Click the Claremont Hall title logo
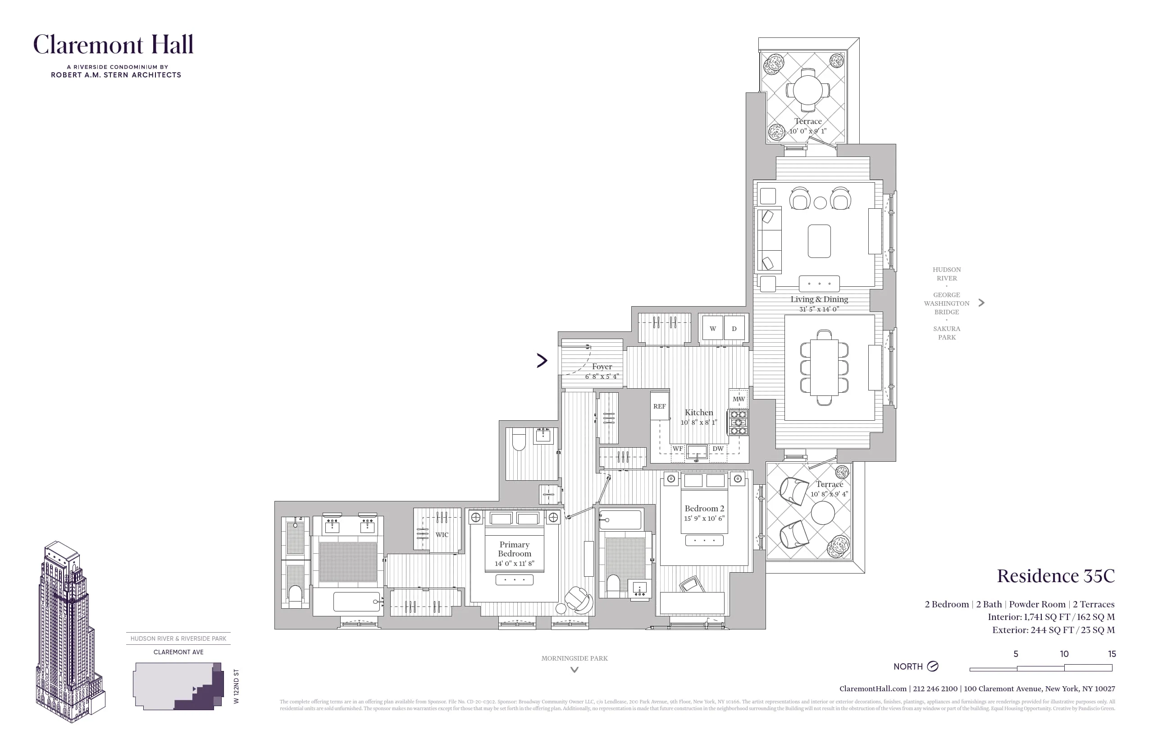click(114, 45)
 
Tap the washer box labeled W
click(712, 329)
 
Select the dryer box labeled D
click(734, 329)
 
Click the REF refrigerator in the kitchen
click(660, 406)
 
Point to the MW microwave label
click(739, 399)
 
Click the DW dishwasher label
click(718, 449)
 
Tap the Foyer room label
click(602, 367)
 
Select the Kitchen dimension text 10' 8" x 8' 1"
click(698, 422)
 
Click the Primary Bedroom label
click(514, 549)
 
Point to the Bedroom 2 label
click(704, 508)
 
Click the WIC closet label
click(442, 535)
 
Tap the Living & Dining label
click(819, 299)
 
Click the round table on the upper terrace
click(807, 90)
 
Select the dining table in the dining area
click(824, 367)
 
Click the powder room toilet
click(519, 439)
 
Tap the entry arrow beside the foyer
click(542, 360)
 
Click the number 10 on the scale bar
click(1064, 654)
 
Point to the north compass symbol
click(933, 666)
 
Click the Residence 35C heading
click(1055, 576)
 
